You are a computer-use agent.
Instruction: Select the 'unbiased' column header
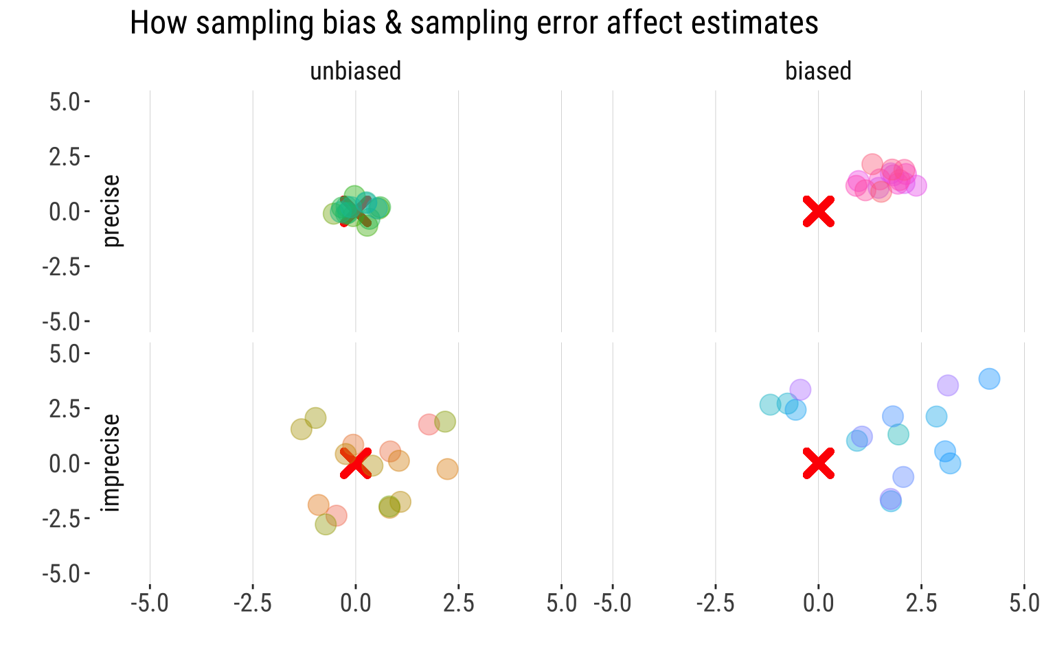(x=355, y=71)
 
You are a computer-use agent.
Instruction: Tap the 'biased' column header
(x=818, y=71)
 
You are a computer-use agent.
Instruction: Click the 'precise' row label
(x=112, y=211)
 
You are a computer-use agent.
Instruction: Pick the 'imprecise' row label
(x=112, y=463)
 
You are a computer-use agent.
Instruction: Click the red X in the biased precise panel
(x=818, y=211)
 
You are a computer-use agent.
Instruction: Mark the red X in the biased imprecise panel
(x=818, y=463)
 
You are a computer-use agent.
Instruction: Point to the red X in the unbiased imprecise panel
(x=355, y=463)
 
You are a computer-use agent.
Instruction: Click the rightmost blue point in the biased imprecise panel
(x=989, y=378)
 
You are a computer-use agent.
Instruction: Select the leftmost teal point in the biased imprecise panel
(x=770, y=404)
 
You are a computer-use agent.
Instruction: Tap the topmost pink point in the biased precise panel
(x=872, y=164)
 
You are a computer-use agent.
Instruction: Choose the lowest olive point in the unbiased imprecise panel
(x=326, y=524)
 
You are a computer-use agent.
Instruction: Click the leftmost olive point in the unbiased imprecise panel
(x=301, y=429)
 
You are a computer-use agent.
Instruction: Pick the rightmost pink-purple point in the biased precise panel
(x=916, y=185)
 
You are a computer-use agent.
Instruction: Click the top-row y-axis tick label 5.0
(x=65, y=102)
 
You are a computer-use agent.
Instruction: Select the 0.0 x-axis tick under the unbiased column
(x=355, y=603)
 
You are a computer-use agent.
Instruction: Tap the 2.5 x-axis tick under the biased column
(x=921, y=603)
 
